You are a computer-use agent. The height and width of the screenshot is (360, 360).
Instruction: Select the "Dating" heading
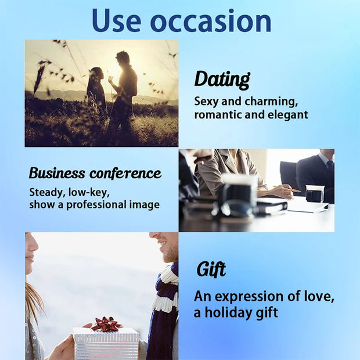coord(222,80)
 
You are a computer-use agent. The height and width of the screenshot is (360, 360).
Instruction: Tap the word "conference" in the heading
coord(125,173)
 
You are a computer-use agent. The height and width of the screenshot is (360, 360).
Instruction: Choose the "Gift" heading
coord(211,270)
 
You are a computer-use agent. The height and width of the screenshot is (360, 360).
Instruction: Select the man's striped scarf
coord(165,302)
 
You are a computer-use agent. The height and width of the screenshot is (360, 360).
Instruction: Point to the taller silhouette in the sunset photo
coord(124,87)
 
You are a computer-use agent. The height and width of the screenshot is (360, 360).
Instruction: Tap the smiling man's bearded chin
coord(170,256)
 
